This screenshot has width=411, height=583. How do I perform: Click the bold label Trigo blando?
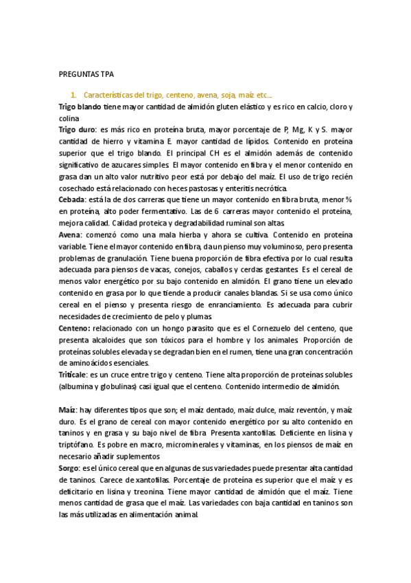pos(82,107)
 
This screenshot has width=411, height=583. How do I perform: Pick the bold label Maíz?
pos(68,409)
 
